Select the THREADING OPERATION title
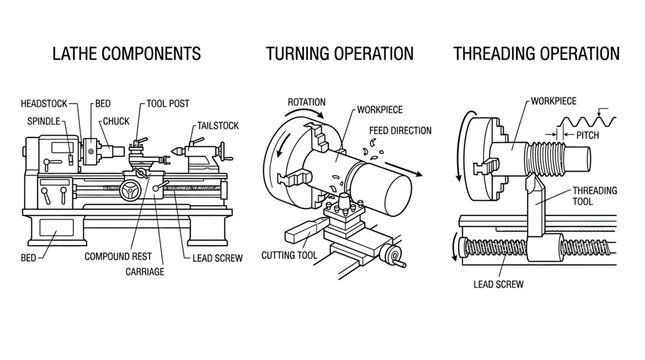pyautogui.click(x=537, y=53)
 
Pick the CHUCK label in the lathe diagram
pyautogui.click(x=116, y=121)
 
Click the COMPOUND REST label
pyautogui.click(x=112, y=256)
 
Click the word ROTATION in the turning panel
pyautogui.click(x=307, y=103)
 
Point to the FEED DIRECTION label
pyautogui.click(x=400, y=131)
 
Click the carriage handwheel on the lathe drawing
pyautogui.click(x=129, y=190)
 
